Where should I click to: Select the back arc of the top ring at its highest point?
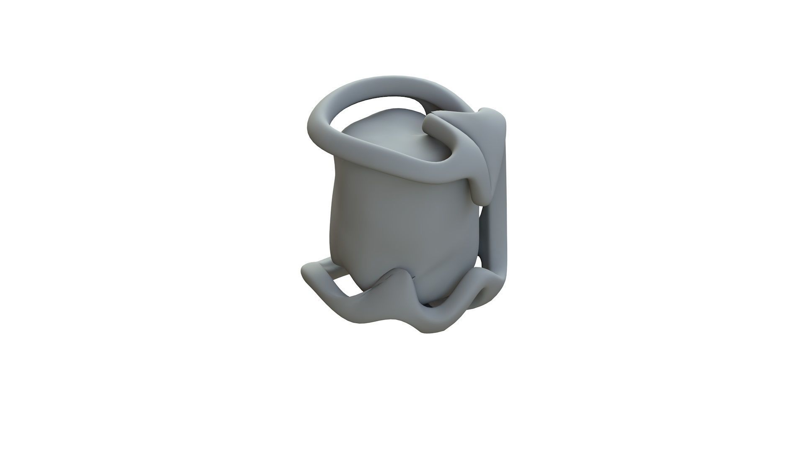[389, 82]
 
